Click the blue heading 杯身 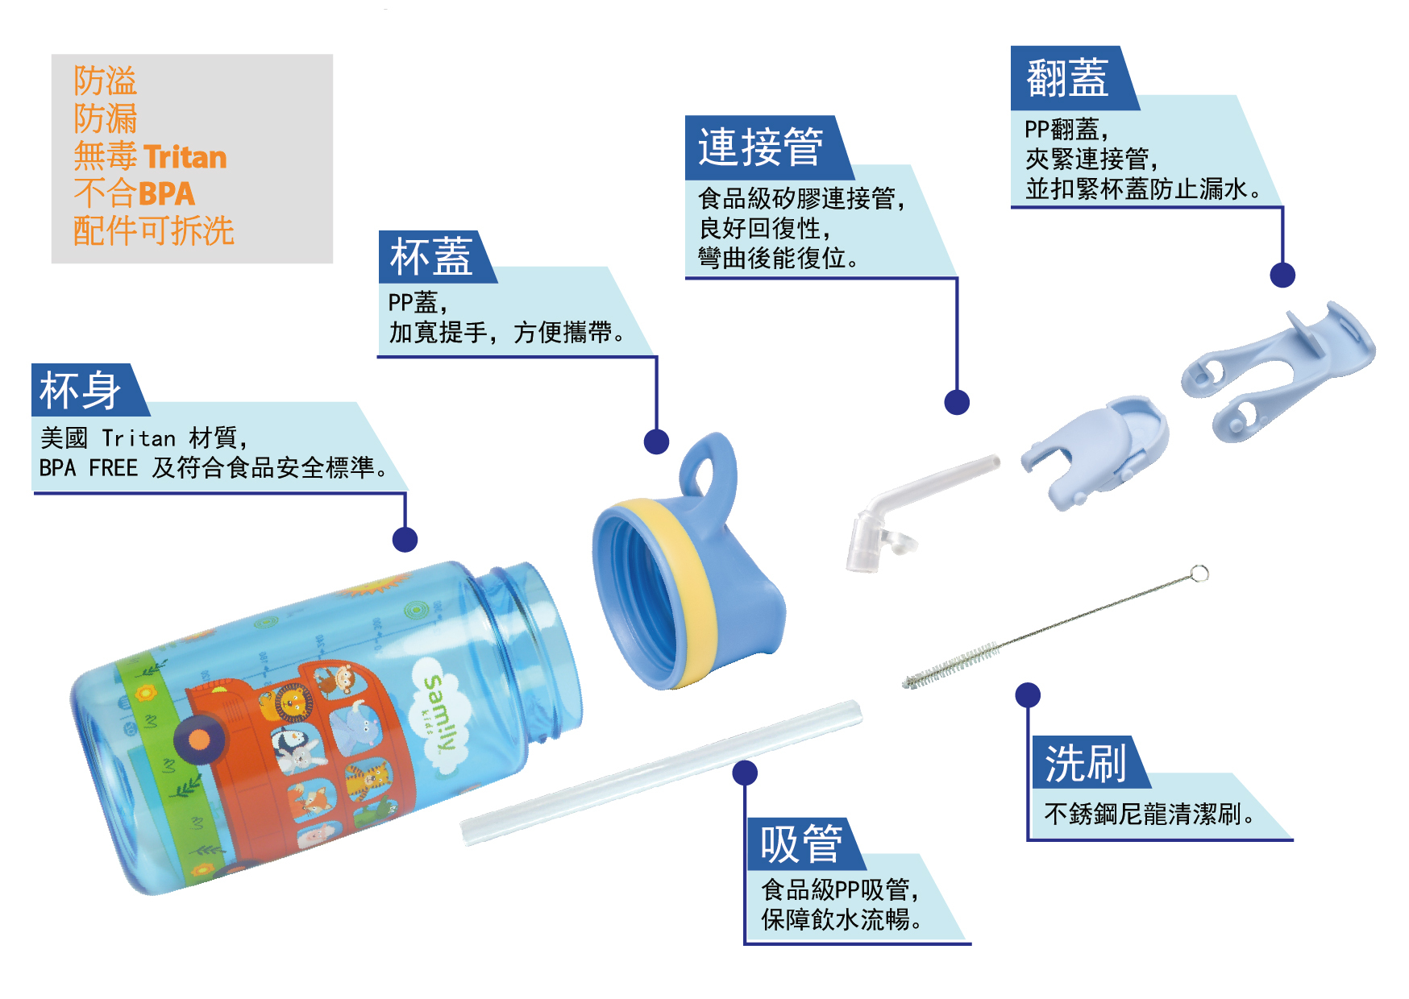[x=81, y=391]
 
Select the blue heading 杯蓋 [x=430, y=257]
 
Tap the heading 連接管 [x=760, y=147]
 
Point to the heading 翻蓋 [x=1066, y=78]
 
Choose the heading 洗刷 [x=1085, y=763]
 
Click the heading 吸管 [x=801, y=844]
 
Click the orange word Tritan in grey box [x=185, y=156]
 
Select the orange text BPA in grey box [x=166, y=193]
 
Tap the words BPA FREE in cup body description [x=89, y=467]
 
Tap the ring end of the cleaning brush [x=1199, y=573]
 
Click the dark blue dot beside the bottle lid [x=656, y=441]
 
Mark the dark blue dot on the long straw [x=745, y=773]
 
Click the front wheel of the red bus [x=197, y=739]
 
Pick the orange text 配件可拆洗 [x=153, y=230]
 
